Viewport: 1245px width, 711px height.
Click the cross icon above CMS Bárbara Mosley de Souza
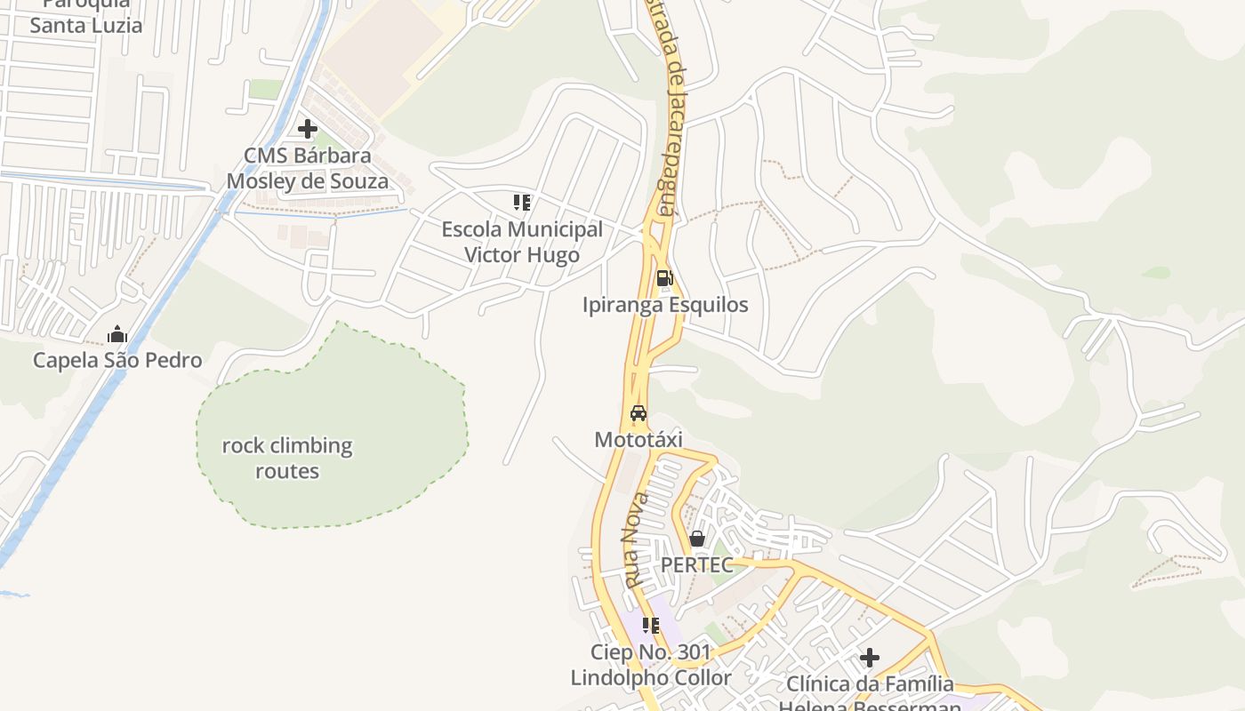308,129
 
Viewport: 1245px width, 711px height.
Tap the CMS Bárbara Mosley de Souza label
308,169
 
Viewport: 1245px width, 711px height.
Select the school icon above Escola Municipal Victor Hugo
522,203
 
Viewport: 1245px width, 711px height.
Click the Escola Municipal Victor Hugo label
522,242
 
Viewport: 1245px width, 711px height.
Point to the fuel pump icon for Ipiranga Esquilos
664,278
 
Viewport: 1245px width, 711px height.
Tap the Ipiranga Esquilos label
665,305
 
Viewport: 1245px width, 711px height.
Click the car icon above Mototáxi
638,413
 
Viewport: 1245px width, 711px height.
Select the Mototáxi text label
638,440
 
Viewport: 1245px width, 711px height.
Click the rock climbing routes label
287,458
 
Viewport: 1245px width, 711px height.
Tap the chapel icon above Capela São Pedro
116,335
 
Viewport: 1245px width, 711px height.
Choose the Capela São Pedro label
117,360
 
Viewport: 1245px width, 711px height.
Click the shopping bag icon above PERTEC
697,539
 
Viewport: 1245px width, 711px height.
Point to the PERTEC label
696,565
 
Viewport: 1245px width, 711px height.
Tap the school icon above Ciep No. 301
651,626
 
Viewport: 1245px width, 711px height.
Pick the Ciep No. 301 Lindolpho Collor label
651,665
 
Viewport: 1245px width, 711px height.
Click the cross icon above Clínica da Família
870,658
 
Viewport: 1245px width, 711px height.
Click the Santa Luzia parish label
85,18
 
